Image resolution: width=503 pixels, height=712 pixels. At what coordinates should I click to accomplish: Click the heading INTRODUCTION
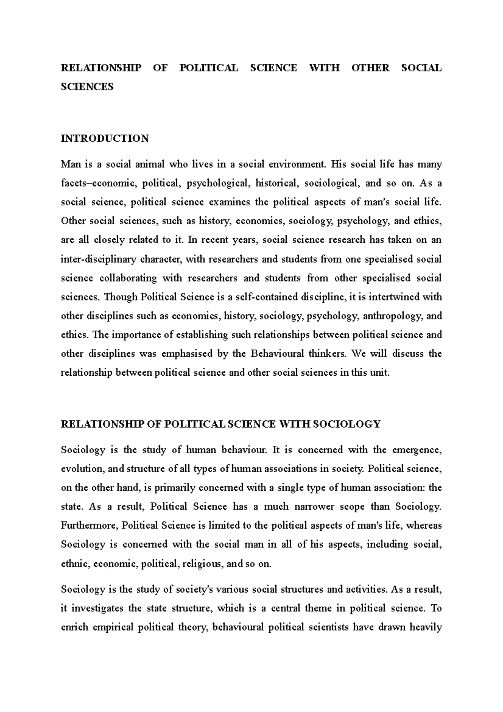105,139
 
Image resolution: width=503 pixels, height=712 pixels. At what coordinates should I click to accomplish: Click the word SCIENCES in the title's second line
87,87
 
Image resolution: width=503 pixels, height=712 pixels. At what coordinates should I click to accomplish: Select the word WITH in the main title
324,68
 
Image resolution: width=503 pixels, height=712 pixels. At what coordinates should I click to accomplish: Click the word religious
203,564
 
